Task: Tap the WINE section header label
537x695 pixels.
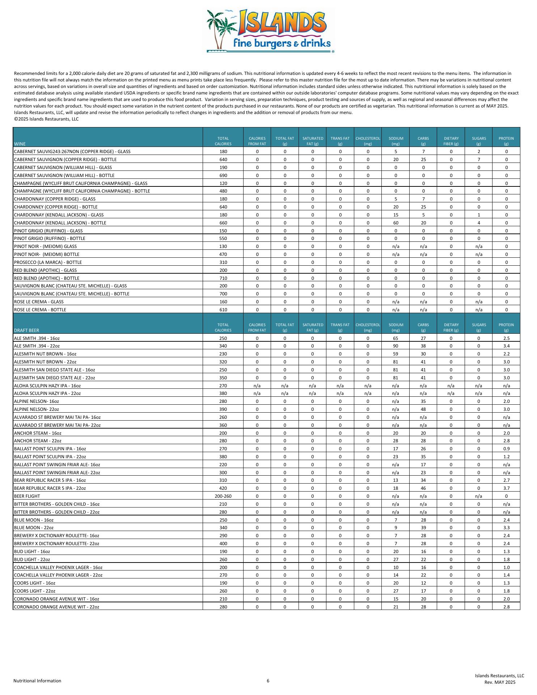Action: (20, 144)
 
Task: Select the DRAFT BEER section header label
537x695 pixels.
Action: (26, 330)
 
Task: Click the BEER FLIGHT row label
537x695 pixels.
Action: (27, 496)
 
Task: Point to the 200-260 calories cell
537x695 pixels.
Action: (223, 496)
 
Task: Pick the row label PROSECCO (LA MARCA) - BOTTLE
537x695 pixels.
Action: (48, 262)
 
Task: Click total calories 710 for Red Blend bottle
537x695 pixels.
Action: (223, 278)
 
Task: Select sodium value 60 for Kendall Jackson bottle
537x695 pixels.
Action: (396, 223)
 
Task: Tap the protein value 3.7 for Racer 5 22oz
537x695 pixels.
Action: (506, 488)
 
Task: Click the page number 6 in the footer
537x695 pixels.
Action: (268, 681)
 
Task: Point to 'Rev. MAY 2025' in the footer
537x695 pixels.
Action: (500, 682)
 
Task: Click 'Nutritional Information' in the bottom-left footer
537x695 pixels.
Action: (37, 681)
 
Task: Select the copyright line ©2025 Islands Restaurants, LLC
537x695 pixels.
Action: (46, 119)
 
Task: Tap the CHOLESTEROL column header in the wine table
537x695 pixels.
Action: (368, 141)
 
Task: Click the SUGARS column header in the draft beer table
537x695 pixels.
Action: (478, 327)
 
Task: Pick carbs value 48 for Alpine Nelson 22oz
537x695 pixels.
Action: (423, 409)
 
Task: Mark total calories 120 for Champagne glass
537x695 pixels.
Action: (223, 183)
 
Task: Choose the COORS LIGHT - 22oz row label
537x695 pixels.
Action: (34, 591)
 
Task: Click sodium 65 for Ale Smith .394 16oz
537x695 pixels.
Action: (396, 338)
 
